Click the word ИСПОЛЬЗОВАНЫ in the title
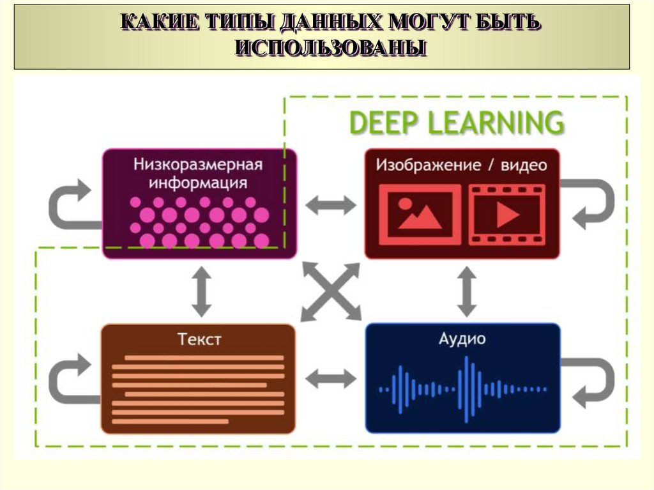pos(330,49)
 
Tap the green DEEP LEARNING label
pos(457,123)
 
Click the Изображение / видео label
pos(461,165)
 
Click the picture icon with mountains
pos(419,215)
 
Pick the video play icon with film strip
pos(507,215)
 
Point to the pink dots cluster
pos(199,221)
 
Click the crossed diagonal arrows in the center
pos(330,291)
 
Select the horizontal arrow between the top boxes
pos(330,204)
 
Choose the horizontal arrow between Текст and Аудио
pos(330,379)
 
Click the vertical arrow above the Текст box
pos(202,291)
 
